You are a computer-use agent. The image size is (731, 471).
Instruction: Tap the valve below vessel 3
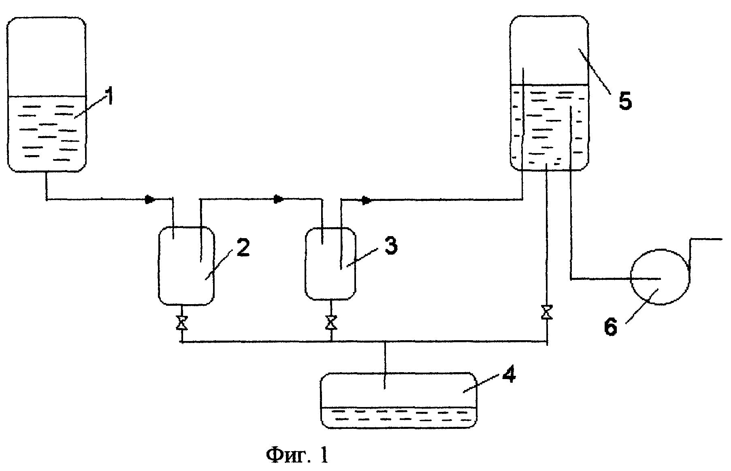pos(331,323)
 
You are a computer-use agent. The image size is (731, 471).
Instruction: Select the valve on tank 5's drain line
pos(547,313)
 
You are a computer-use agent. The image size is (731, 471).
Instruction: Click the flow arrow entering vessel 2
pos(151,199)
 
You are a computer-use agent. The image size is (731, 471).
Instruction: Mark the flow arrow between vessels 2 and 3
pos(279,199)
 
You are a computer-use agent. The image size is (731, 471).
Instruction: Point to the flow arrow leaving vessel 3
pos(367,200)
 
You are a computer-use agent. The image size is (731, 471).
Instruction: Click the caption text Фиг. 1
pos(297,456)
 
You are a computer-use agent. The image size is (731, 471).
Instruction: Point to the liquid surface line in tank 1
pos(47,96)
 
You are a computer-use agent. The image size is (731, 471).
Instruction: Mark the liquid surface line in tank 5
pos(549,85)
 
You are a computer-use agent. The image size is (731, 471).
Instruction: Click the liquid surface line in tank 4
pos(399,407)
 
